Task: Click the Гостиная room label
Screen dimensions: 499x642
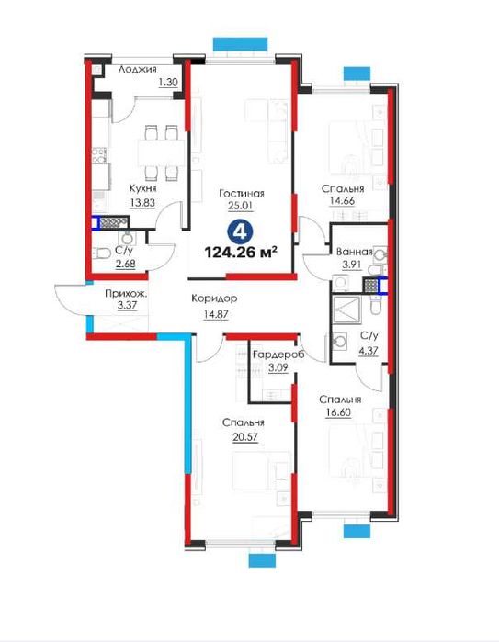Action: point(242,193)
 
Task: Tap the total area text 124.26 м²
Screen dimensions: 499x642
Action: point(241,252)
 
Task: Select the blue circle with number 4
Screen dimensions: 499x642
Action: point(239,232)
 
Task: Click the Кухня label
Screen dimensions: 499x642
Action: point(143,188)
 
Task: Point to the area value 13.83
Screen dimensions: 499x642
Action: point(142,202)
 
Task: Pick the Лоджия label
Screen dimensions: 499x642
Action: point(137,70)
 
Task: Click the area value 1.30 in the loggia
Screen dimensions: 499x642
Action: point(168,83)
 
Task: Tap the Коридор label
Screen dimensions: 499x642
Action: point(214,298)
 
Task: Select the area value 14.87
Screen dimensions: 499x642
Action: point(215,314)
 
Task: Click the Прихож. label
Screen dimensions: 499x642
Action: point(126,293)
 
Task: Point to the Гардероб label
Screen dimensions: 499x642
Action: point(278,355)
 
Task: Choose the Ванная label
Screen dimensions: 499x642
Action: point(355,252)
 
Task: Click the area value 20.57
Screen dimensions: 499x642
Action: point(245,437)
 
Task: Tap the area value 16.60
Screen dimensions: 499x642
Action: point(338,412)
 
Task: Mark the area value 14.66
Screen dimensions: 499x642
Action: point(342,201)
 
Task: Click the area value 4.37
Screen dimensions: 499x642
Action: point(369,351)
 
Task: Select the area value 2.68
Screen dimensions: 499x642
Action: point(125,264)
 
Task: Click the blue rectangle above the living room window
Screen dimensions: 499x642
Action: point(240,44)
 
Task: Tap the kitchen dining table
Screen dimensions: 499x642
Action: point(162,152)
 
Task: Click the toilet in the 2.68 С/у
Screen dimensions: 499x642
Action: point(101,254)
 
